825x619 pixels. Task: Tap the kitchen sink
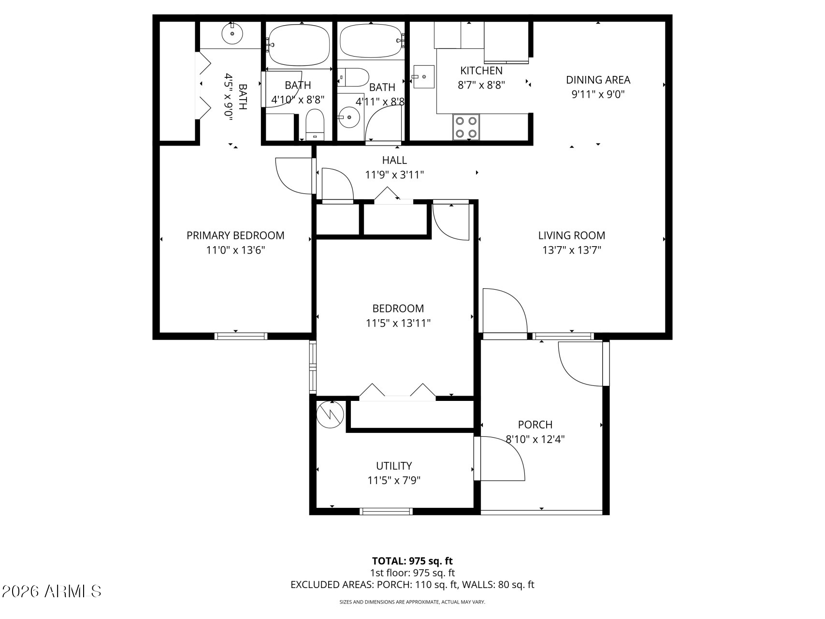point(424,77)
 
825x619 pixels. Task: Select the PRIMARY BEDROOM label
point(235,236)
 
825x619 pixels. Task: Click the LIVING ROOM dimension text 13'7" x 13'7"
point(572,251)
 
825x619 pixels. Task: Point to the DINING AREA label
point(598,80)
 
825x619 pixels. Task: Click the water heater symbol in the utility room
point(330,413)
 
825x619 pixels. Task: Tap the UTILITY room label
point(394,466)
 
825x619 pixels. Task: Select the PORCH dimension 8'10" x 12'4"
point(535,440)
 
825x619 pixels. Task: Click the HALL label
point(394,160)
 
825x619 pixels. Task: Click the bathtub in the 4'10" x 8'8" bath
point(299,44)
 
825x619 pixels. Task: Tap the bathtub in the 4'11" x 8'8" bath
point(371,41)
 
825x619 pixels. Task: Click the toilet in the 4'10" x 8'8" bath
point(315,124)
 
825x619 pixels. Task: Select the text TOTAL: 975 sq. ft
point(412,561)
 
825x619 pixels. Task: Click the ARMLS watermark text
point(52,591)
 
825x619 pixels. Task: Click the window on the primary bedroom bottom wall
point(241,336)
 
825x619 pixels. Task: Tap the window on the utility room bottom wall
point(386,511)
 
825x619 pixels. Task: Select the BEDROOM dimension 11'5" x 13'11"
point(398,323)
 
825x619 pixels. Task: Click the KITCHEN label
point(481,71)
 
